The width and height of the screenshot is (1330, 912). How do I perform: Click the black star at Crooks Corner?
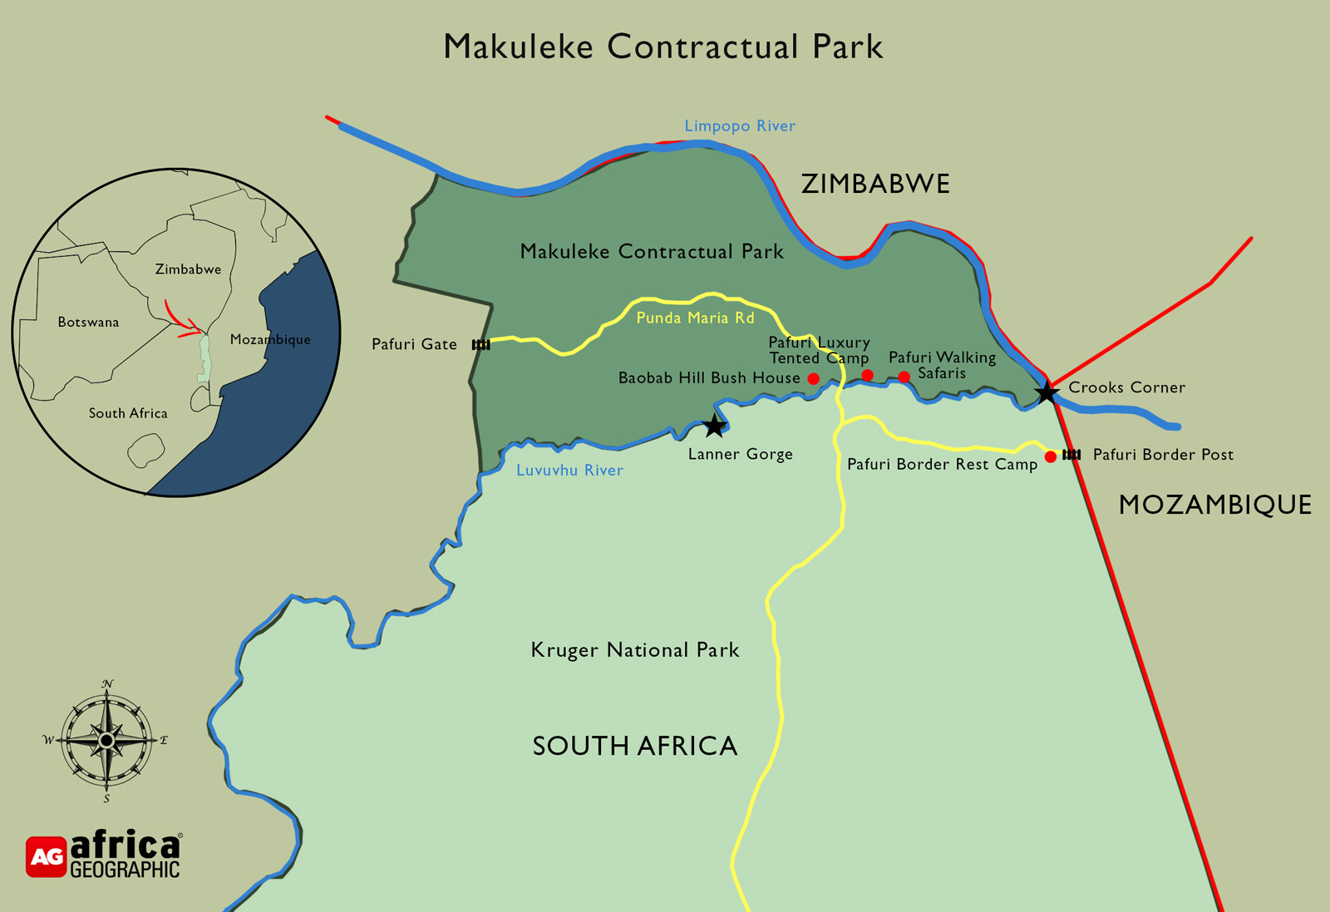pyautogui.click(x=1047, y=392)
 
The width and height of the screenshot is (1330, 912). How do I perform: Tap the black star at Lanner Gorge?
pyautogui.click(x=714, y=426)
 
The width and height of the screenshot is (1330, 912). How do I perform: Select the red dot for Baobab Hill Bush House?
pyautogui.click(x=813, y=378)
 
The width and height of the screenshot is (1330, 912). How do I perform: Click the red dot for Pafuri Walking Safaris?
pyautogui.click(x=904, y=377)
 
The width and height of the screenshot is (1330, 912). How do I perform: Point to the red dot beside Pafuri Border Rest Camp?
pyautogui.click(x=1050, y=456)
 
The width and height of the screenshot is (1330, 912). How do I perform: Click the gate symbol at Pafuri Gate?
pyautogui.click(x=480, y=344)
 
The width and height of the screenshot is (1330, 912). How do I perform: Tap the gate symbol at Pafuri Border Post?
pyautogui.click(x=1071, y=454)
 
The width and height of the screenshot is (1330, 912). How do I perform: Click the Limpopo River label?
pyautogui.click(x=739, y=126)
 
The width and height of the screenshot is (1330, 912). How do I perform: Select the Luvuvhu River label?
pyautogui.click(x=569, y=470)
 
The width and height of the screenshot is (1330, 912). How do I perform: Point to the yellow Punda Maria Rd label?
pyautogui.click(x=695, y=318)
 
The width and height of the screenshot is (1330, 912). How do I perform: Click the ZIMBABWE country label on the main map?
pyautogui.click(x=874, y=184)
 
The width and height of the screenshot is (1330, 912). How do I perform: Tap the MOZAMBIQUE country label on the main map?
pyautogui.click(x=1214, y=505)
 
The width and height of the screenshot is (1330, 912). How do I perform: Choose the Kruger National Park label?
pyautogui.click(x=634, y=649)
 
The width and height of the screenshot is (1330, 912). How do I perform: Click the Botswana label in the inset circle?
pyautogui.click(x=88, y=322)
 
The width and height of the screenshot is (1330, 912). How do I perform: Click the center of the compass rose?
pyautogui.click(x=106, y=740)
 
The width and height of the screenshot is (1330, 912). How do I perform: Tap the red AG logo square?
pyautogui.click(x=46, y=856)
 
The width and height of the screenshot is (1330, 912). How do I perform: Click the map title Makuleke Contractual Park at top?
pyautogui.click(x=663, y=47)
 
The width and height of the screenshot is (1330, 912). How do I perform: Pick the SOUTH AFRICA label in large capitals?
pyautogui.click(x=634, y=746)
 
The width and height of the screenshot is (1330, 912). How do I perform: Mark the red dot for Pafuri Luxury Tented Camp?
pyautogui.click(x=867, y=375)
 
